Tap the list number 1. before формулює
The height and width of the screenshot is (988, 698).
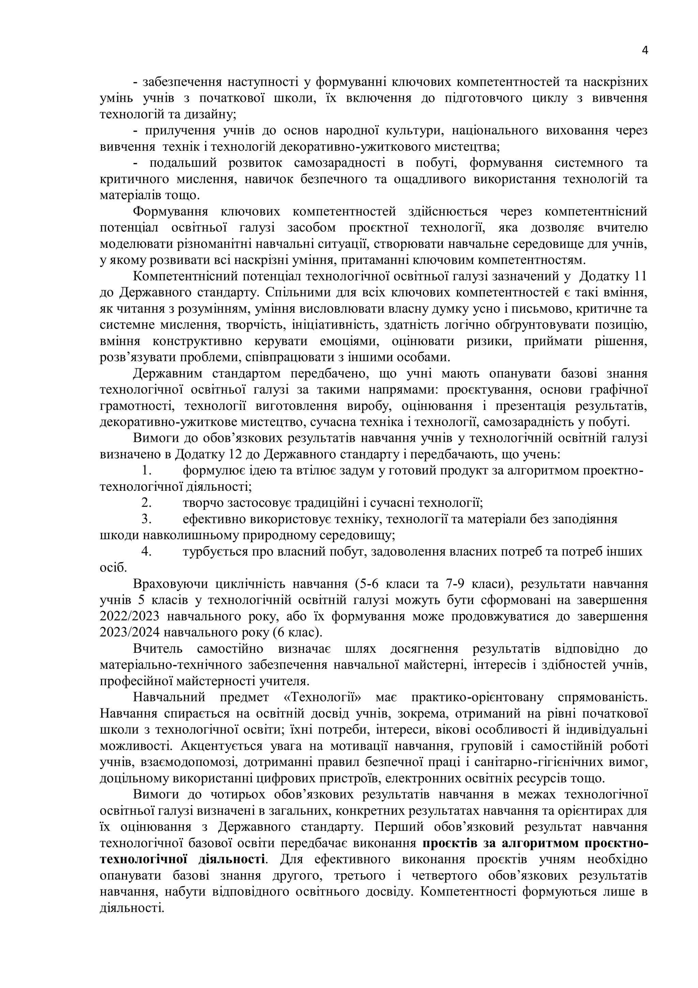[x=146, y=471]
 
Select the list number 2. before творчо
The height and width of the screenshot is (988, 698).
[x=146, y=503]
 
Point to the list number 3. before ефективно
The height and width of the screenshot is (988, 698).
[x=146, y=519]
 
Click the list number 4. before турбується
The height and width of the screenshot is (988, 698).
[x=146, y=552]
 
